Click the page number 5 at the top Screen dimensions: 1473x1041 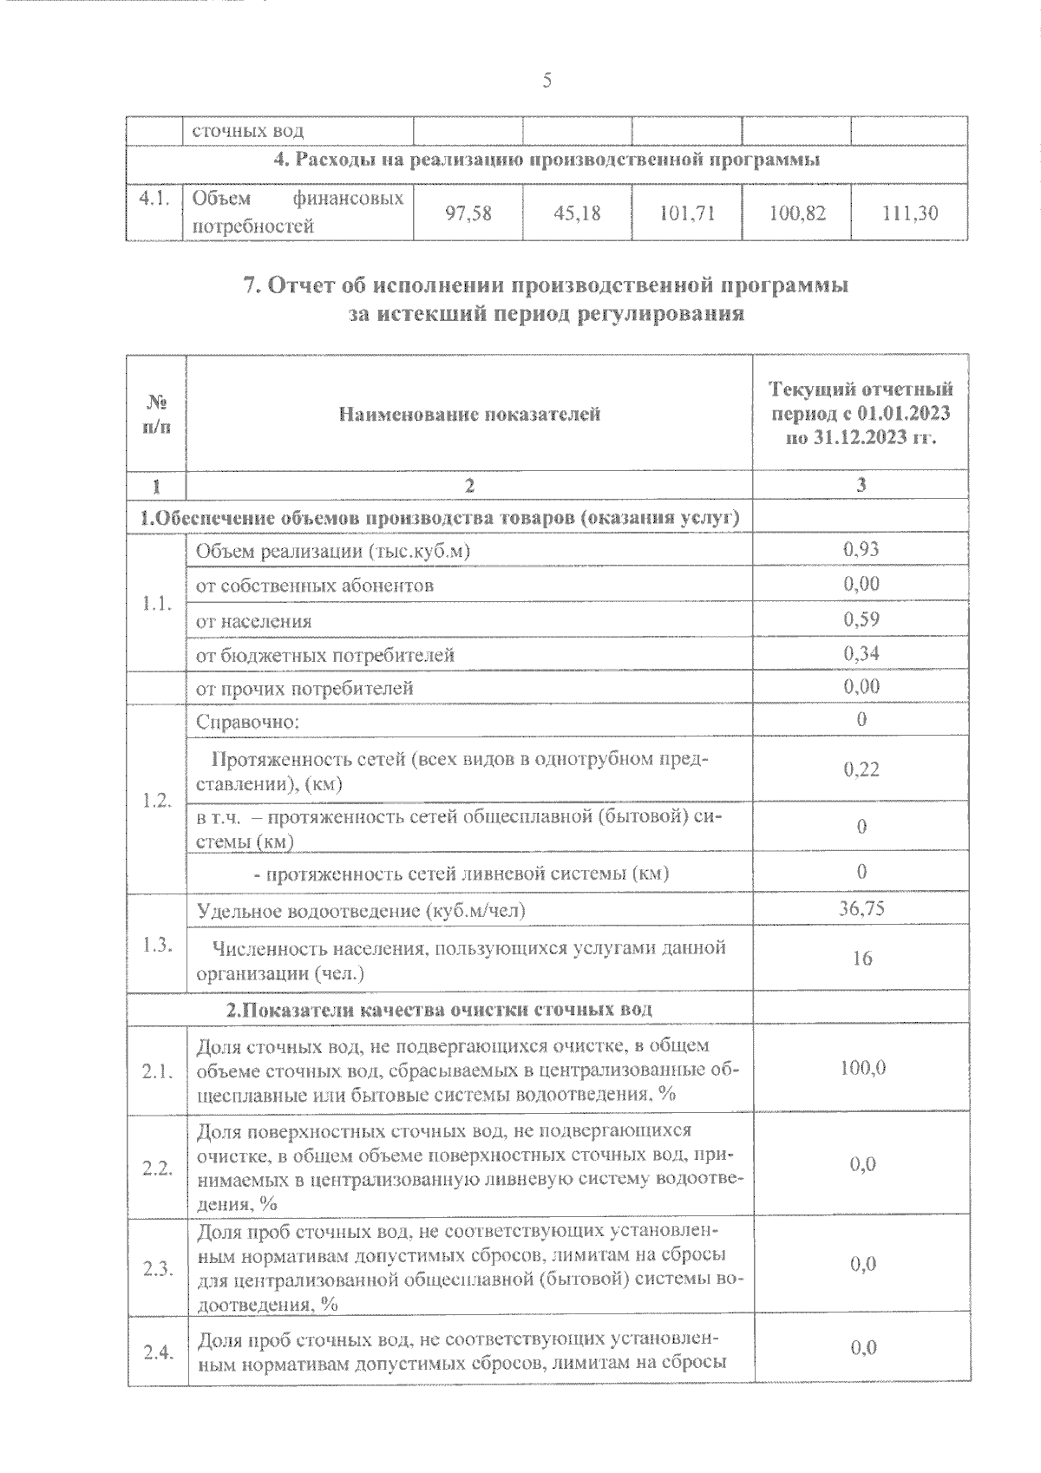pos(546,81)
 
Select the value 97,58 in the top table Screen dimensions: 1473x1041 pos(468,213)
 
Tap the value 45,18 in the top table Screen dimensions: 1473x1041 pos(577,213)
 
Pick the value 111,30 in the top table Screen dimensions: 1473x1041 pos(909,213)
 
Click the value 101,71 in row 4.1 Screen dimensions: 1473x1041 pos(687,213)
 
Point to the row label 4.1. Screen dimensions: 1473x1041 pos(153,198)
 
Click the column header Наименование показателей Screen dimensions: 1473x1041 pos(469,414)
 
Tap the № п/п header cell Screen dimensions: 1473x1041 pos(156,414)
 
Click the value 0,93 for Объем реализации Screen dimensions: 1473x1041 pos(861,549)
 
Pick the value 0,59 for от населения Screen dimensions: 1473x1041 pos(861,619)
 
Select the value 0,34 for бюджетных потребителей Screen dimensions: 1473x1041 pos(861,653)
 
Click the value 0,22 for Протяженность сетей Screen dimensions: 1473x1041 pos(861,769)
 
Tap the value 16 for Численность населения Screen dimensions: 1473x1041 pos(861,959)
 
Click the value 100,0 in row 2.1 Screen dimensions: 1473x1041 pos(861,1068)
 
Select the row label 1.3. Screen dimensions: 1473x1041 pos(157,945)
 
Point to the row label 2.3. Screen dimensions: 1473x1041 pos(157,1269)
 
